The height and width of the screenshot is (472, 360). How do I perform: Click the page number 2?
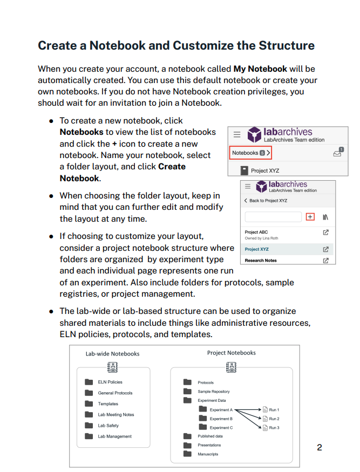point(320,447)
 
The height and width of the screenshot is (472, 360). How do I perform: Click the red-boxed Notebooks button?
point(250,153)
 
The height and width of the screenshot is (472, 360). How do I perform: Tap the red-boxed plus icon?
point(310,217)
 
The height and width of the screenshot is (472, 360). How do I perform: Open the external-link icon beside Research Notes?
point(325,261)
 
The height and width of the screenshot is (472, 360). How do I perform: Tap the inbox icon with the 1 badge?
point(338,153)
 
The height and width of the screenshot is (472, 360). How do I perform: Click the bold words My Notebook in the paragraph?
point(260,69)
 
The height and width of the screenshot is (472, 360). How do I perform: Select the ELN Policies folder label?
point(110,382)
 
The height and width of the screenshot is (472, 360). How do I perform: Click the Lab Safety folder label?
point(108,426)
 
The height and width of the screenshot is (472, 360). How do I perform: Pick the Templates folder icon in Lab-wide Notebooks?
point(89,403)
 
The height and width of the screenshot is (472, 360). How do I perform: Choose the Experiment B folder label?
point(221,419)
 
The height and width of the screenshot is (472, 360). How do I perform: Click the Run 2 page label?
point(274,419)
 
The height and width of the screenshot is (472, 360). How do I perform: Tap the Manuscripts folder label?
point(208,454)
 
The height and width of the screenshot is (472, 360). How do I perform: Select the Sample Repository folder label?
point(214,392)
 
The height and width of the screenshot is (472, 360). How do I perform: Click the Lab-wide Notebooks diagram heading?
point(113,354)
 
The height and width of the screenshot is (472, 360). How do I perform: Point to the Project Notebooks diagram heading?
point(232,353)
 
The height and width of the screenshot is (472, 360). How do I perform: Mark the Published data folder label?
point(210,436)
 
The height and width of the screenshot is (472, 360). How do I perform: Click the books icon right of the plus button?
point(325,217)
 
